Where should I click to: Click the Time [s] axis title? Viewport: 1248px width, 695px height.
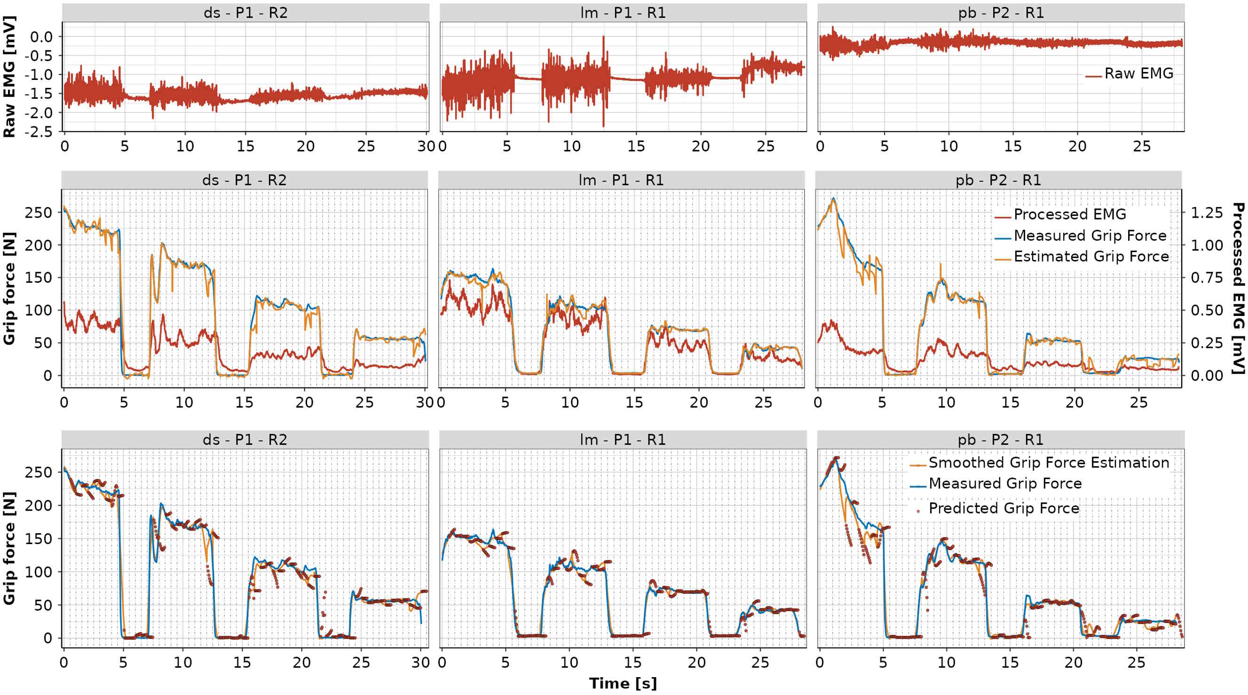(x=623, y=683)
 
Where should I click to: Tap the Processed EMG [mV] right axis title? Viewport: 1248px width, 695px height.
(x=1238, y=288)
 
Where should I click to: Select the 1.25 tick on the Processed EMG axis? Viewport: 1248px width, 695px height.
(x=1207, y=213)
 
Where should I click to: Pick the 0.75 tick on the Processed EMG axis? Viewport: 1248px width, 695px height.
(x=1207, y=277)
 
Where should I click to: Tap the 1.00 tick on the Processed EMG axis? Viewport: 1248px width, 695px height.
(x=1207, y=245)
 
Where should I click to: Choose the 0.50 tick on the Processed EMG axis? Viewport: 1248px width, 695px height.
(x=1207, y=310)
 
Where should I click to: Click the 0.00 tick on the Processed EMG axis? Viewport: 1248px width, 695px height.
(x=1207, y=375)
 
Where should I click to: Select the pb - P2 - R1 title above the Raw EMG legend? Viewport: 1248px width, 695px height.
(x=1001, y=13)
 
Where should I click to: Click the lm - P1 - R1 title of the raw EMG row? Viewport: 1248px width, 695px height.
(x=623, y=13)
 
